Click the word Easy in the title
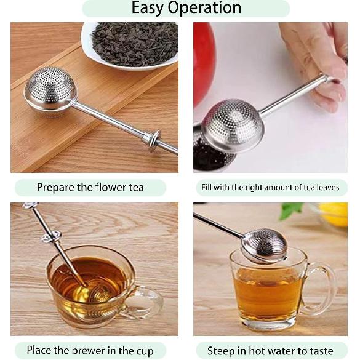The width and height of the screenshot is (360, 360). [x=151, y=8]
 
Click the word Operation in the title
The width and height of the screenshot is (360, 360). [x=206, y=8]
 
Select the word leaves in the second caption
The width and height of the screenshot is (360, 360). [x=326, y=187]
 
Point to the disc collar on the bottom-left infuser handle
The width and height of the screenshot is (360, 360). [x=51, y=236]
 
